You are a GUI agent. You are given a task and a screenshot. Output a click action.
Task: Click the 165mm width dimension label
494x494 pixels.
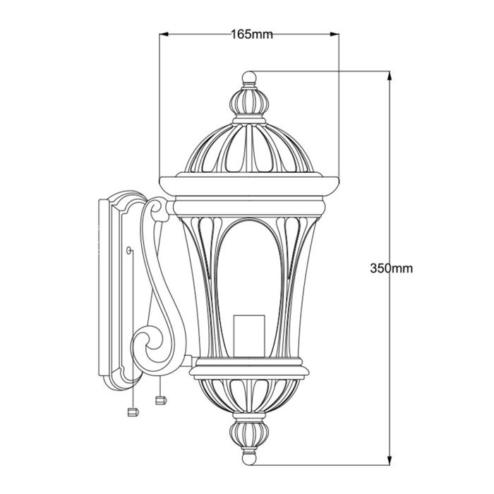tap(251, 34)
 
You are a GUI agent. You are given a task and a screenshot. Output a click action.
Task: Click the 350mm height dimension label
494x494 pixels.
tap(391, 268)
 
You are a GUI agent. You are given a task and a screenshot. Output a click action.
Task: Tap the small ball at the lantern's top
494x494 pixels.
tap(248, 76)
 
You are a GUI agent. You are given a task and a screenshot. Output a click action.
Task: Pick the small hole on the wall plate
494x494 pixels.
tap(128, 249)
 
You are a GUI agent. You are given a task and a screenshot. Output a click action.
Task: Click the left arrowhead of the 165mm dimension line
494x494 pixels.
tap(164, 34)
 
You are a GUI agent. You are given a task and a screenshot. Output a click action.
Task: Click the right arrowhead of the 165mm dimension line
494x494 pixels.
tap(337, 34)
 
